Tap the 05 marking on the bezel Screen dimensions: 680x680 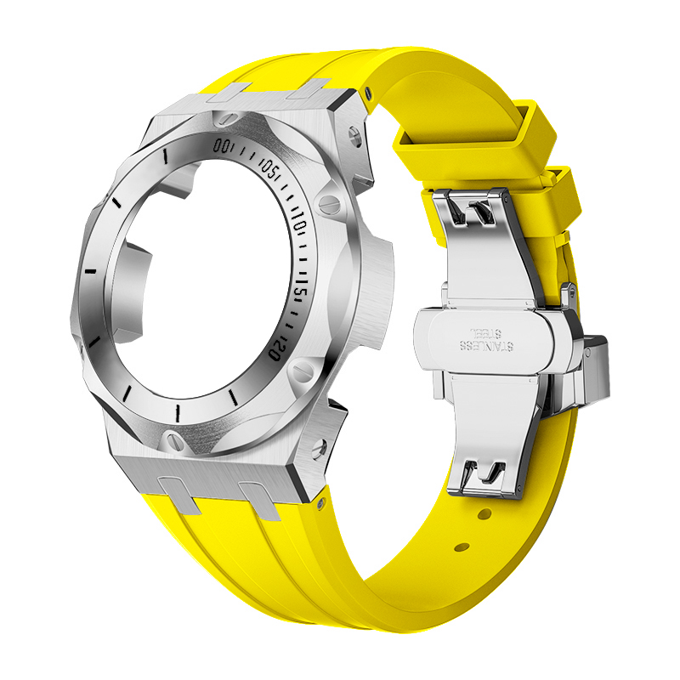269,169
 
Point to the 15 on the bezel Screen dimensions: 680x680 300,292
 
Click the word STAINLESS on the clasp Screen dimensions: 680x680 485,346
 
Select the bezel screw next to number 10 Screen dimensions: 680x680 331,202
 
